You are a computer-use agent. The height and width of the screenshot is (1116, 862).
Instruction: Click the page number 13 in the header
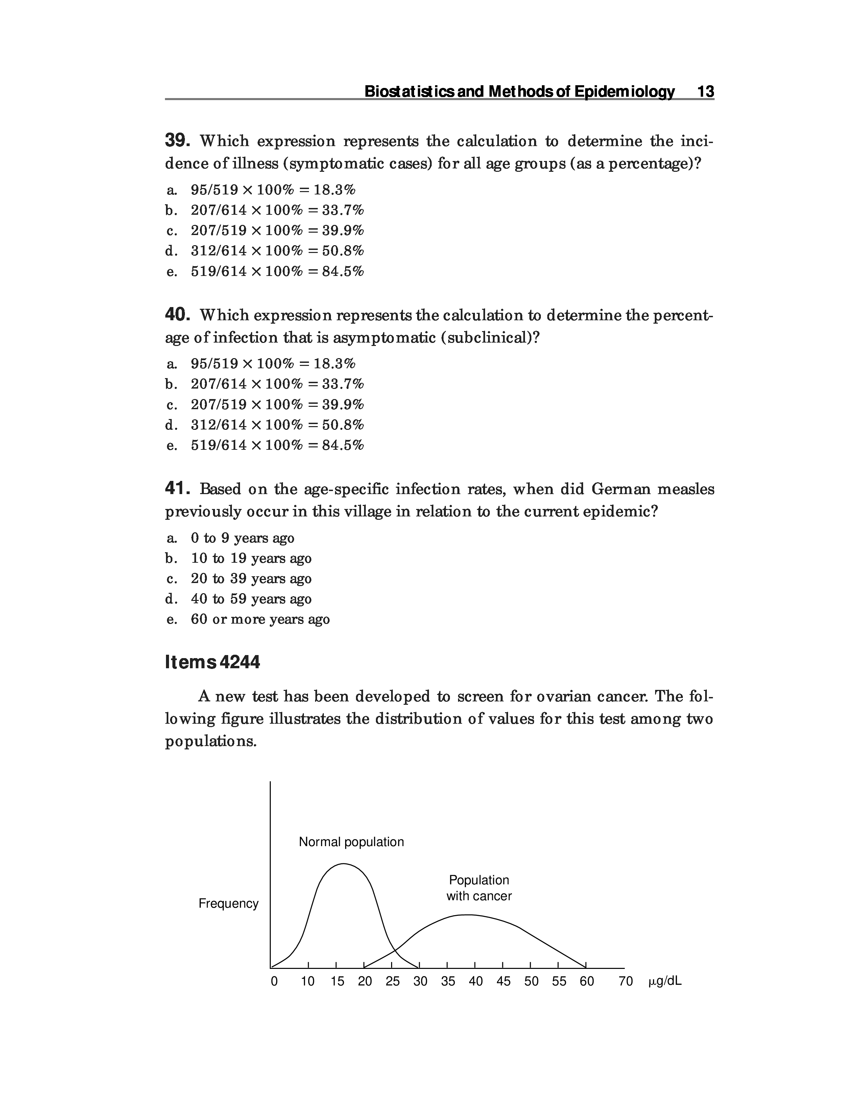point(705,92)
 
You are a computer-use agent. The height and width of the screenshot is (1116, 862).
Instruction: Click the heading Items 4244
point(212,662)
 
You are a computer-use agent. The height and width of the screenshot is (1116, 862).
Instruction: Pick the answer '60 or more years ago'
point(260,619)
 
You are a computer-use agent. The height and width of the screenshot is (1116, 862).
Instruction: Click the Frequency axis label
point(228,903)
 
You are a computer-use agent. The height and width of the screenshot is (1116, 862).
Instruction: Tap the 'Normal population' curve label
point(351,842)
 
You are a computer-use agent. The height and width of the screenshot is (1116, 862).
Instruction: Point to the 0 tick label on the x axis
point(274,982)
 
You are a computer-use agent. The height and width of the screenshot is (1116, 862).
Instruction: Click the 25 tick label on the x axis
point(392,982)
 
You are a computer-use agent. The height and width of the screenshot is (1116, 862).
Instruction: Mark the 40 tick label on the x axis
point(475,982)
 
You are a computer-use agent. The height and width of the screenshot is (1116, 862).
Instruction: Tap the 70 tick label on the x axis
point(626,982)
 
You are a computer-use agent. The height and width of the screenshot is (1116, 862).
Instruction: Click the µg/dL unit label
point(665,982)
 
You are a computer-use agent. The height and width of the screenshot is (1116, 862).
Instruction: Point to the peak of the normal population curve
point(343,864)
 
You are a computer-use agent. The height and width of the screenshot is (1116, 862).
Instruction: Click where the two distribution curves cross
point(395,951)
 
